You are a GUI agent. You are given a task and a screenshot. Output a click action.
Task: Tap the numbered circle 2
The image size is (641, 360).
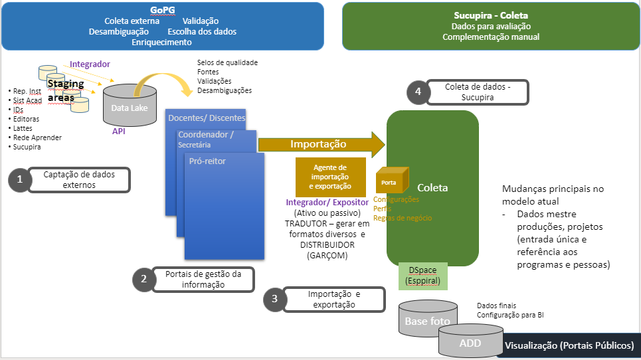144,280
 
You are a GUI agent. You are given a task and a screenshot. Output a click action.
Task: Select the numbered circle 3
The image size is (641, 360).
276,299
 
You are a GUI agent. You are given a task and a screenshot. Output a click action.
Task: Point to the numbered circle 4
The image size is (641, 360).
418,92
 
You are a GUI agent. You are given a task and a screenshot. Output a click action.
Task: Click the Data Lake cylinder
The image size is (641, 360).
130,108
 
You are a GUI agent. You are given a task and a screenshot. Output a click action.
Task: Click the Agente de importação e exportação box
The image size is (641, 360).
330,177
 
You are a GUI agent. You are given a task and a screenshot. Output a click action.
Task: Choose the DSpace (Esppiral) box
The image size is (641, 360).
423,276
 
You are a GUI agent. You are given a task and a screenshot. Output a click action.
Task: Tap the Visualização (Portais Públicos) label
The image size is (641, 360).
569,345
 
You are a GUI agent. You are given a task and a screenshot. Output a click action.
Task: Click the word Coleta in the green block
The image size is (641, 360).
432,187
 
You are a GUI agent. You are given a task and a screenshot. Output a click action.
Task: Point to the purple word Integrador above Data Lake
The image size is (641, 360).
90,64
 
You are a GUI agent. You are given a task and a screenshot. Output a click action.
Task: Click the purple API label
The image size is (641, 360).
119,132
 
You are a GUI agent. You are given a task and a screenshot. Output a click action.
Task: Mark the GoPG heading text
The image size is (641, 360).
162,11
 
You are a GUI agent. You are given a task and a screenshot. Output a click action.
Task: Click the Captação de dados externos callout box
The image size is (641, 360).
79,179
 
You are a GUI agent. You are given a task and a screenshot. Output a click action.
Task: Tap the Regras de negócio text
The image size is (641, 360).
403,218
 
